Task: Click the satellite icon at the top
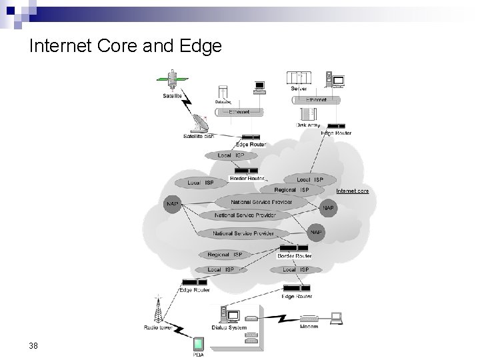tap(172, 79)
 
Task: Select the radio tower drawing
tap(158, 308)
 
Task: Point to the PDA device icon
tap(198, 345)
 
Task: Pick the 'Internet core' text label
tap(353, 191)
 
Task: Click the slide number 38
tap(33, 345)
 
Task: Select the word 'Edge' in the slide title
tap(201, 46)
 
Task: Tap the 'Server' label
tap(299, 89)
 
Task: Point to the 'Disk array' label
tap(307, 125)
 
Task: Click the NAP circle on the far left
tap(172, 204)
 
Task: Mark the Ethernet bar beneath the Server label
tap(315, 100)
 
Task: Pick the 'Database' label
tap(223, 102)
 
